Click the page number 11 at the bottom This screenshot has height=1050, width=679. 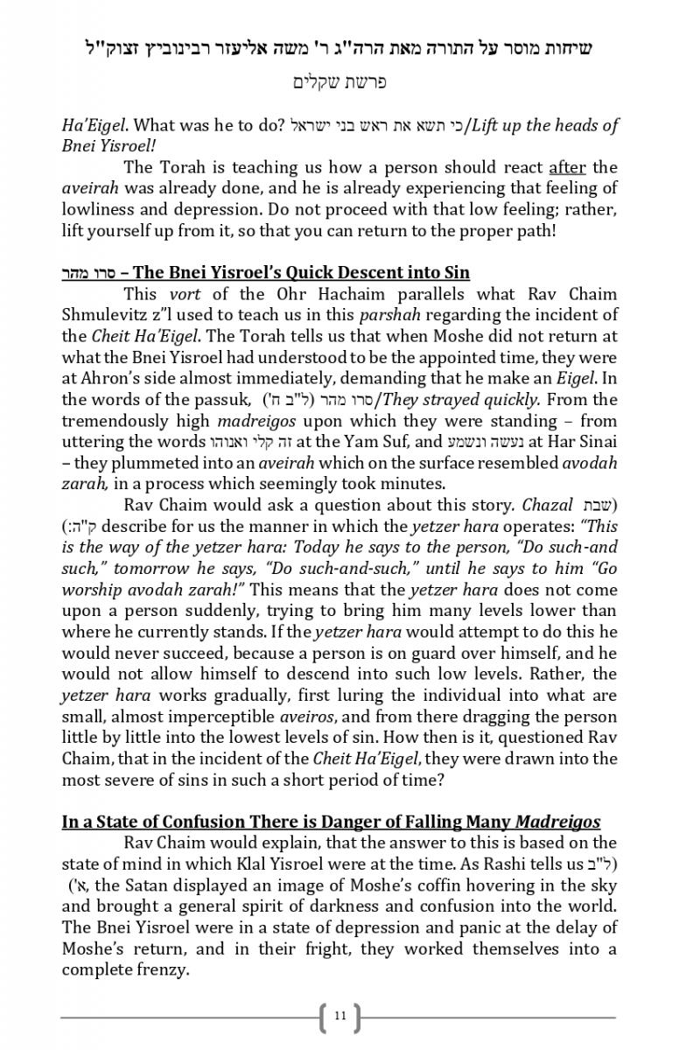(x=339, y=1016)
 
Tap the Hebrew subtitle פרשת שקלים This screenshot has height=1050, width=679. (x=339, y=83)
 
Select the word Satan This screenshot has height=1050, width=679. (x=163, y=885)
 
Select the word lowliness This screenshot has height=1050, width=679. (x=97, y=209)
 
